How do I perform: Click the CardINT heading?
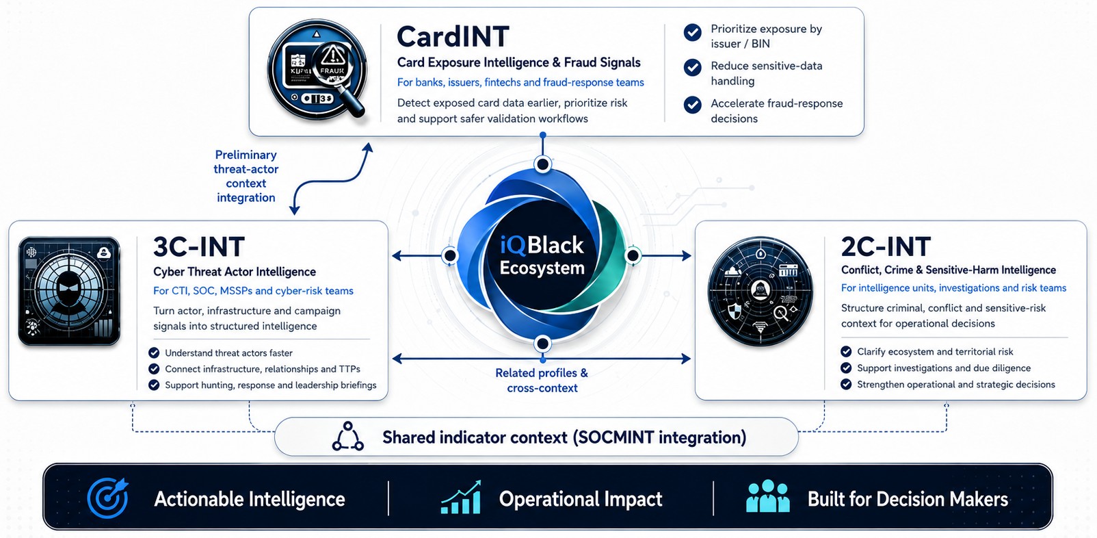coord(453,37)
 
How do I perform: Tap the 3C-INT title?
coord(199,246)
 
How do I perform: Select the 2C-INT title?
coord(886,246)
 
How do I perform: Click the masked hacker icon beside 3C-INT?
coord(69,291)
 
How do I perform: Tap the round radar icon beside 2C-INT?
coord(760,291)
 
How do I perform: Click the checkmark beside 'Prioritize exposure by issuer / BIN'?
coord(693,33)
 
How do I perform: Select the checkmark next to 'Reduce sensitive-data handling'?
coord(693,68)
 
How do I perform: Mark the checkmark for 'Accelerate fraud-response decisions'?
coord(693,105)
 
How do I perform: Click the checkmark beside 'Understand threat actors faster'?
coord(154,353)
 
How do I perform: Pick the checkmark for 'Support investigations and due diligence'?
coord(846,368)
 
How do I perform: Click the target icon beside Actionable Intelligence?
coord(108,498)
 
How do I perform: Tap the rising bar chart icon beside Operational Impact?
coord(461,498)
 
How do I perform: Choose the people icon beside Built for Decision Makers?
coord(768,496)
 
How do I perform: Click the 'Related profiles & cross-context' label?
coord(542,380)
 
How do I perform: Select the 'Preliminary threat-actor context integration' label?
coord(246,177)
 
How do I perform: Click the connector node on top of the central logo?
coord(542,165)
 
